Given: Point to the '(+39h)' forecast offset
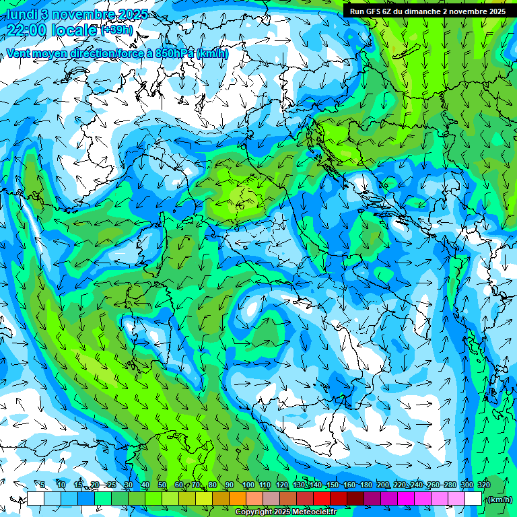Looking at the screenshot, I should click(x=117, y=30).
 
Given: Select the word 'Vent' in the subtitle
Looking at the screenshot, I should click(x=19, y=53).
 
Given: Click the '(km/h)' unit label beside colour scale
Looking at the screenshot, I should click(x=499, y=499).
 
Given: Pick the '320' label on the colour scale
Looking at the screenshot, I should click(x=483, y=485).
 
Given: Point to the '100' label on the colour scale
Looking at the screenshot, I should click(x=248, y=485).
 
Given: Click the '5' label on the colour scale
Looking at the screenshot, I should click(x=42, y=485).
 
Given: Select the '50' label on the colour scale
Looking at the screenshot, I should click(x=162, y=485).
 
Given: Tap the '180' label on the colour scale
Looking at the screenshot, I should click(x=366, y=485).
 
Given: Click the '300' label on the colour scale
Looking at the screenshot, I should click(x=467, y=485).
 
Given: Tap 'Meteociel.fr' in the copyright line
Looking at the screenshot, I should click(x=314, y=512).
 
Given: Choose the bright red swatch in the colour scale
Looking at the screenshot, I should click(x=322, y=499).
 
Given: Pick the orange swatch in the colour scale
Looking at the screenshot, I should click(x=238, y=499).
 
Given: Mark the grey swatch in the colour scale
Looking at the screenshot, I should click(x=271, y=499).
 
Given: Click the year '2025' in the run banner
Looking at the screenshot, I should click(x=497, y=11).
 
